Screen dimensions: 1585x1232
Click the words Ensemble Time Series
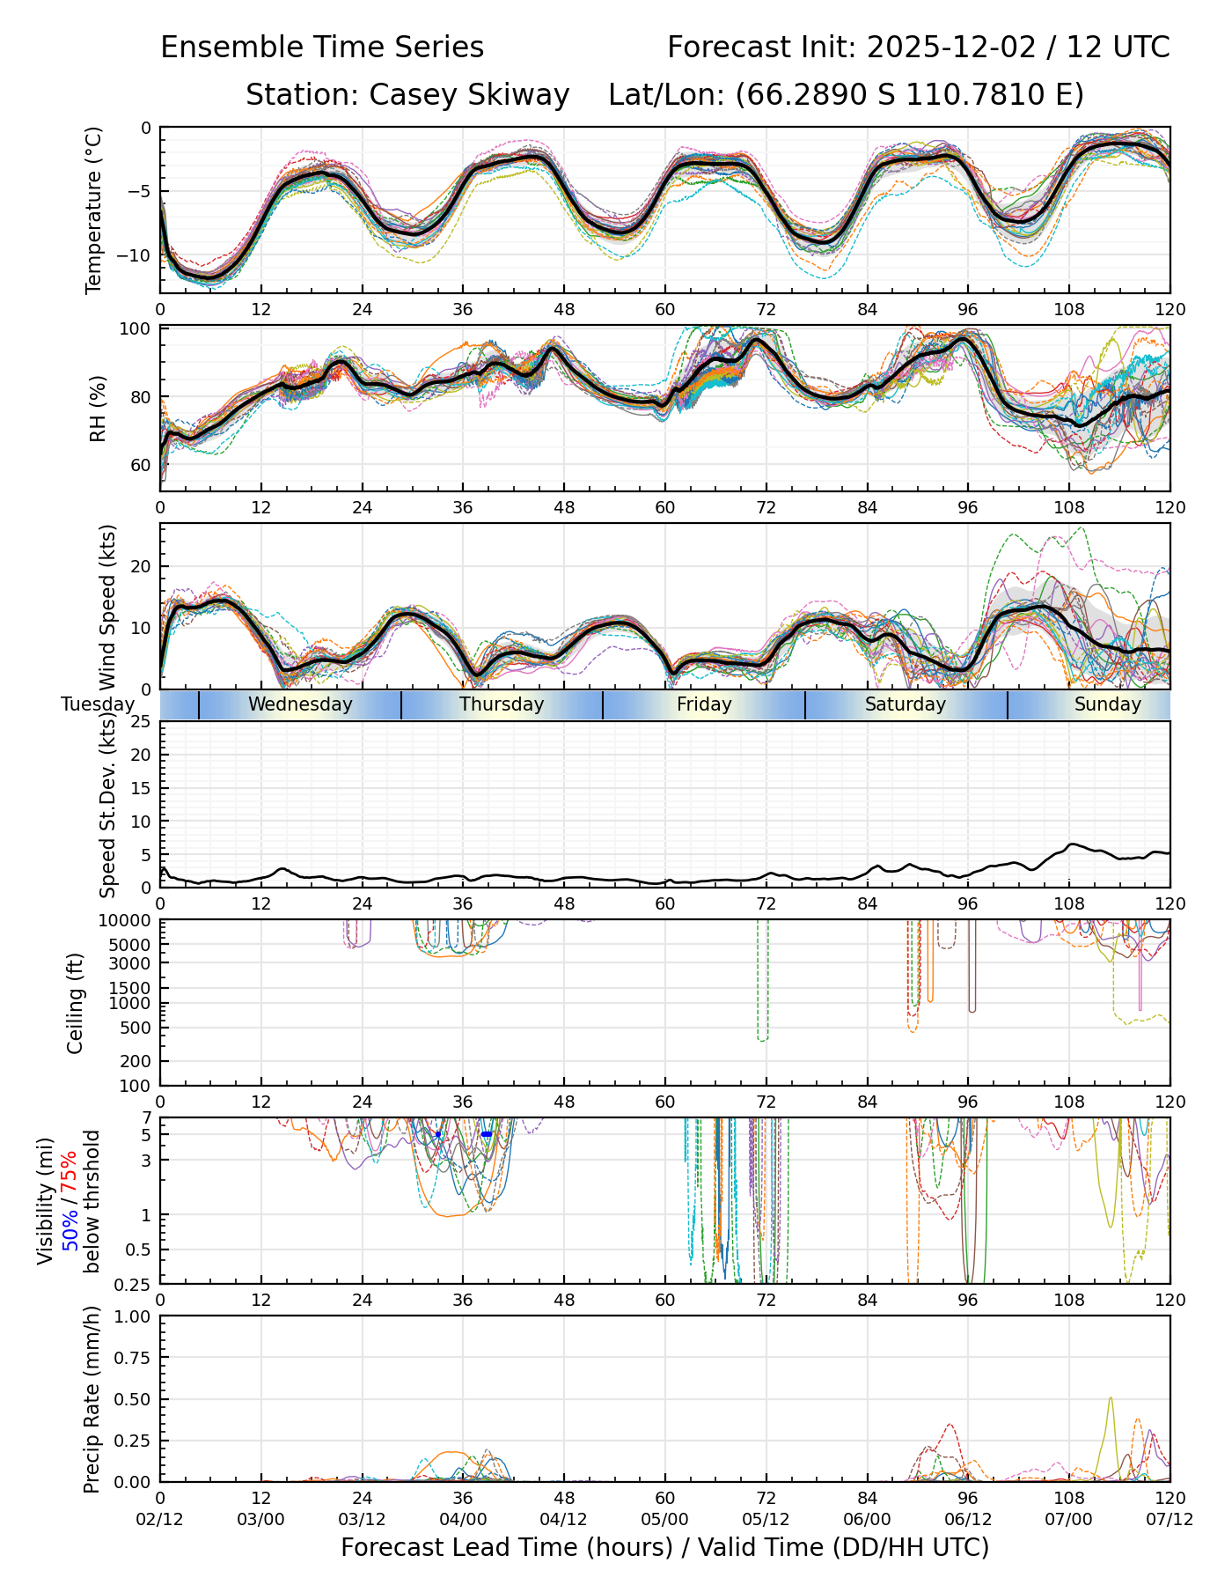click(x=322, y=48)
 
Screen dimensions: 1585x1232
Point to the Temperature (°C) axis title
click(x=94, y=210)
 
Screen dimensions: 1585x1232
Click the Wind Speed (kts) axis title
click(x=108, y=608)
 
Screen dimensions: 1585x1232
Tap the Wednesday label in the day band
click(x=300, y=704)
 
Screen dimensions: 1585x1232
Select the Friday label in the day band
click(x=704, y=704)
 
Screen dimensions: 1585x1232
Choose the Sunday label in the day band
click(x=1107, y=704)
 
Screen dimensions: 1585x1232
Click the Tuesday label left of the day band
click(x=98, y=704)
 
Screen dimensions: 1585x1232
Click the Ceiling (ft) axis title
click(x=76, y=1003)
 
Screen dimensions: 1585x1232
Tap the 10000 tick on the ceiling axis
click(x=126, y=920)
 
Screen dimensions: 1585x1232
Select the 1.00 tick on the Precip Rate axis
click(x=131, y=1316)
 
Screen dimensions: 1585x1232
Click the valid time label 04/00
click(x=463, y=1519)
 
